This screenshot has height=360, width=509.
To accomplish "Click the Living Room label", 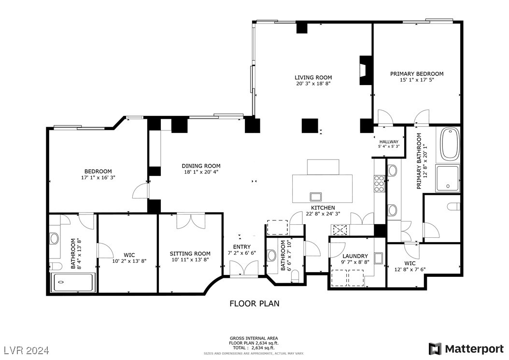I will (x=313, y=77).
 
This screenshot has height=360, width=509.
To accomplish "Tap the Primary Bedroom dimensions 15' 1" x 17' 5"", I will (x=416, y=80).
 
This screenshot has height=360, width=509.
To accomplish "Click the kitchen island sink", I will (x=316, y=196).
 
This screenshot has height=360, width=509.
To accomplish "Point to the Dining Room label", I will (x=201, y=166).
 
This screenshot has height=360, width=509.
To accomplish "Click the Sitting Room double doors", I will (x=191, y=220).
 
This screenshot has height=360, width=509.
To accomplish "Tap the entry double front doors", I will (x=244, y=268).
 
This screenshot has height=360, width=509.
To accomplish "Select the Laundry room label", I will (x=355, y=256).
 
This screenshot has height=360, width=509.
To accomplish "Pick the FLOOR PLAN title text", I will (x=254, y=303).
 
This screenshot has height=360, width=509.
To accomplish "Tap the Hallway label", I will (x=389, y=142).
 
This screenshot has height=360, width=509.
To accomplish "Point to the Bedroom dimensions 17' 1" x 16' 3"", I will (x=98, y=177).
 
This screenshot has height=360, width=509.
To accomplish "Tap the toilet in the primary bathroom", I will (x=452, y=207).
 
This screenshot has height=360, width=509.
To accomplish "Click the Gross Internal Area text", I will (x=254, y=338).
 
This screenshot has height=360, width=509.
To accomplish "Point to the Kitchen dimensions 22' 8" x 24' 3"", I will (x=323, y=214).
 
